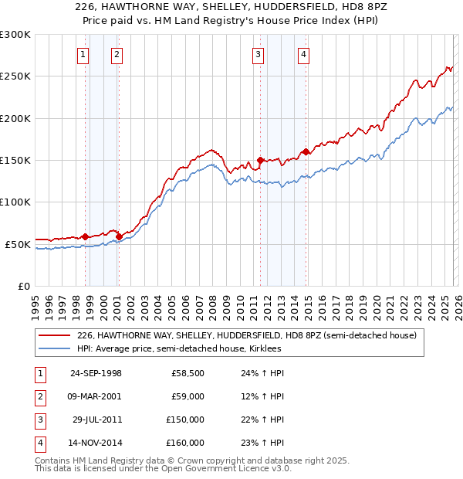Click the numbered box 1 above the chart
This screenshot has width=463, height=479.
pos(83,54)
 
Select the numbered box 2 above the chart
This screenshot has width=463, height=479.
pos(116,54)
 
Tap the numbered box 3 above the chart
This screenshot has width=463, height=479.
pos(257,54)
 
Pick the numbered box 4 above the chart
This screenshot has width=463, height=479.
pos(304,54)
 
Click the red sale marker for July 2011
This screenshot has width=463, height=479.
pos(260,160)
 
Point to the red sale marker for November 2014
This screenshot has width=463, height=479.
pos(306,151)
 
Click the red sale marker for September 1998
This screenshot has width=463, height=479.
pos(86,236)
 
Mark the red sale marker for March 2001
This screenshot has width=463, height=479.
pos(119,236)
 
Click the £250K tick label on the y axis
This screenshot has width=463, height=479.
pos(15,76)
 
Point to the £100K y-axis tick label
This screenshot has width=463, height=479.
pos(15,202)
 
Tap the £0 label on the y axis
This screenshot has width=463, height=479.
pos(24,286)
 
